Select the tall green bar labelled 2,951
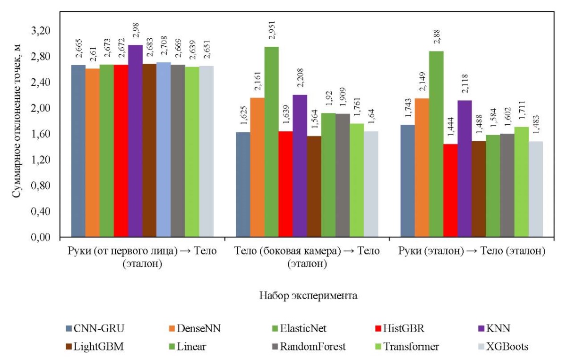pyautogui.click(x=271, y=142)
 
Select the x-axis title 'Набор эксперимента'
pyautogui.click(x=308, y=296)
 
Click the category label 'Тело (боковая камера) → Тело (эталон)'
pyautogui.click(x=308, y=257)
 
